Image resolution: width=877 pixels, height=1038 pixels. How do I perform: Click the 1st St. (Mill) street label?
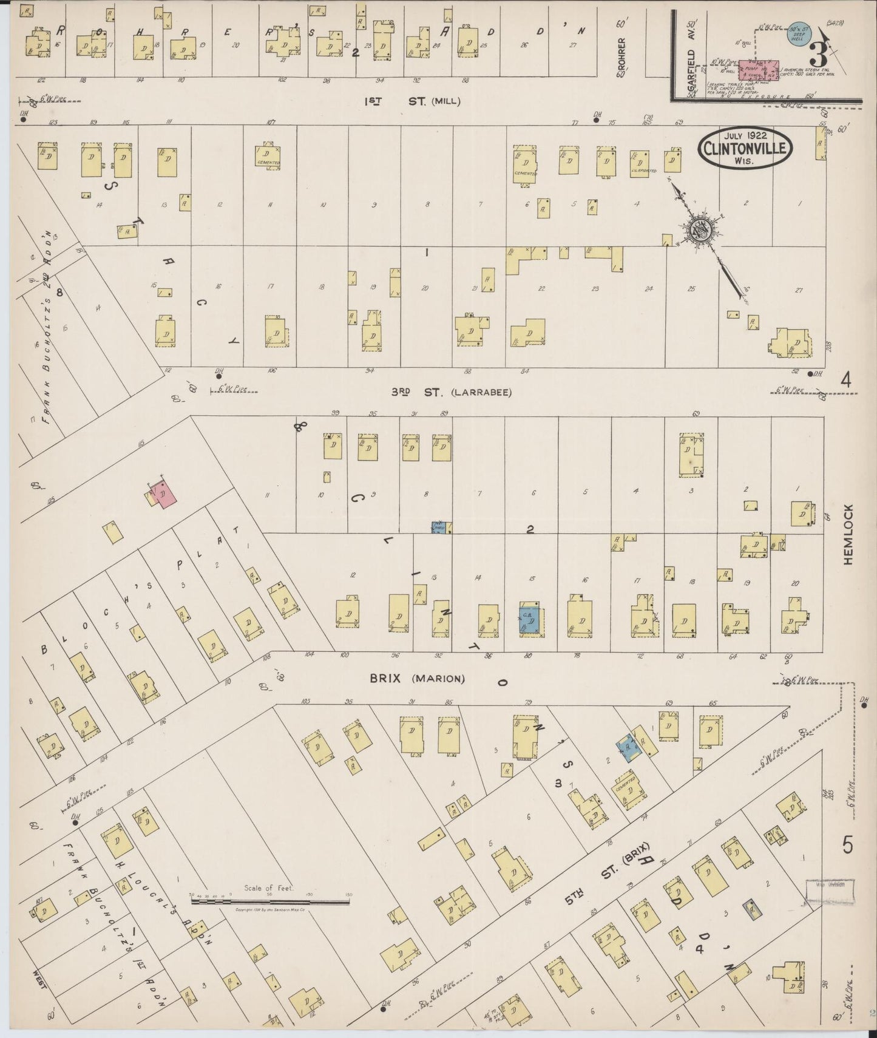click(412, 101)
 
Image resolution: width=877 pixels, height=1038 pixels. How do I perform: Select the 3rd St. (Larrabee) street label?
click(451, 392)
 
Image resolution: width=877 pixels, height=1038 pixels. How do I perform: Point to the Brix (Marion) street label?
click(418, 678)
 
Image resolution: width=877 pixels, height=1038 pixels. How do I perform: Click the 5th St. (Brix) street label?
click(614, 869)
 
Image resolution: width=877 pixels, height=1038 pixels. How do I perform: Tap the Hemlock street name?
click(847, 535)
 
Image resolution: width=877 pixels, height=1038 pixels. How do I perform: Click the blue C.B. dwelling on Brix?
click(529, 619)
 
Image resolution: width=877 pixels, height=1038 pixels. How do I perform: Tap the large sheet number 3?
click(817, 56)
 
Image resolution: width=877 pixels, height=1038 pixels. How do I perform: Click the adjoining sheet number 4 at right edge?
click(846, 380)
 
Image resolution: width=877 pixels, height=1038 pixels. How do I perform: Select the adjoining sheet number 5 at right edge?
click(847, 844)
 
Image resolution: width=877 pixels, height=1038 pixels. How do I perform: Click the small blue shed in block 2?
click(439, 527)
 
